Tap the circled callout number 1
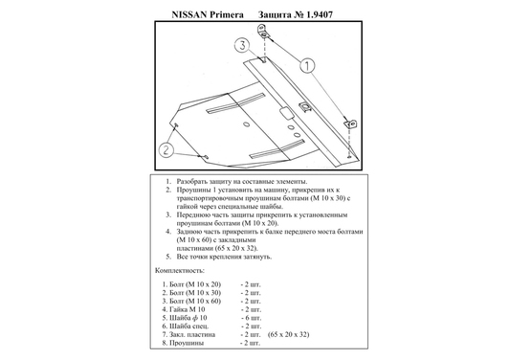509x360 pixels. coord(309,65)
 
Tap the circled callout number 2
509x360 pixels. coord(166,149)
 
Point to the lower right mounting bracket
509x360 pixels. coord(351,124)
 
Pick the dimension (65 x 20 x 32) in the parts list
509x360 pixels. coord(293,333)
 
